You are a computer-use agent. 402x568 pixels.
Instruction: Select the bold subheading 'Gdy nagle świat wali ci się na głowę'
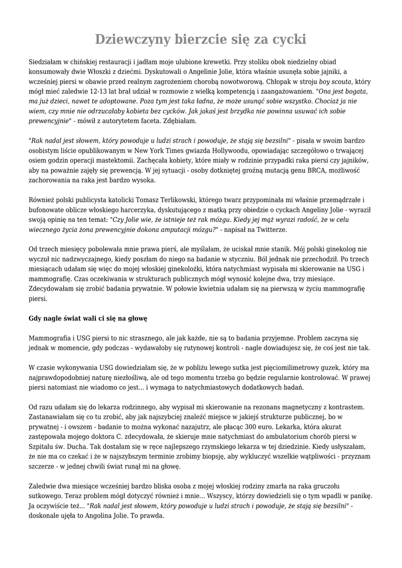88,318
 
